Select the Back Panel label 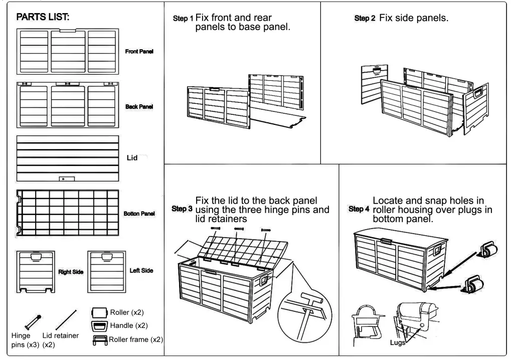coord(139,107)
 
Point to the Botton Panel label coord(139,214)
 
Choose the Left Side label coord(141,271)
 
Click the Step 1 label coord(183,19)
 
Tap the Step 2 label coord(365,19)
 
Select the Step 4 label coord(359,209)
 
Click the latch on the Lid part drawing coord(68,178)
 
